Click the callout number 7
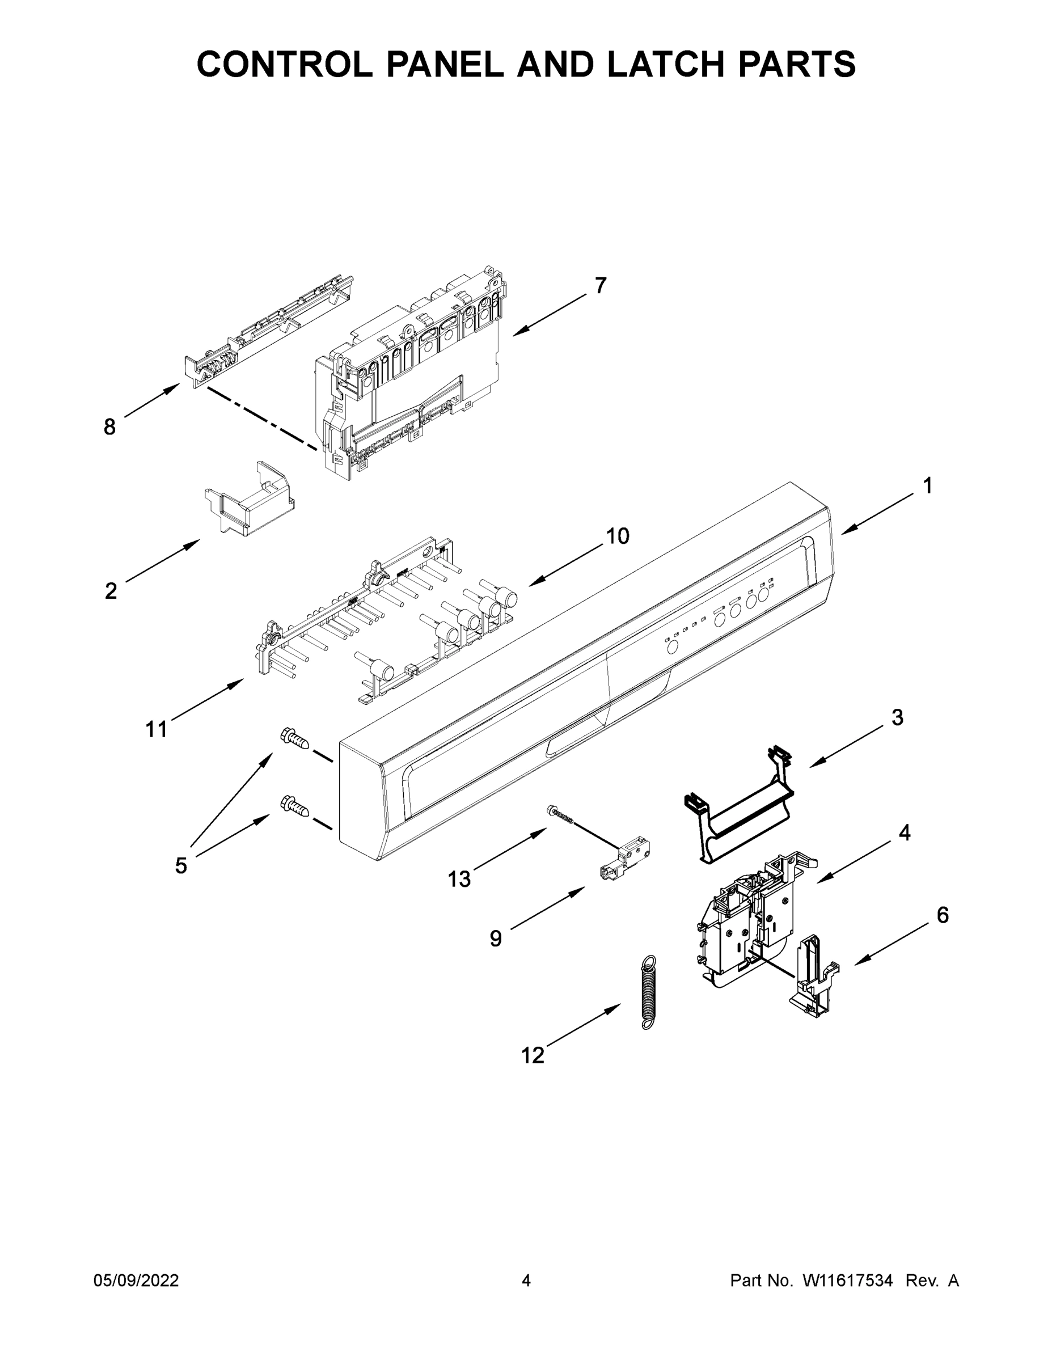[x=599, y=285]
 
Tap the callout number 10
[x=618, y=536]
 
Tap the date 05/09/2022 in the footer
[x=136, y=1280]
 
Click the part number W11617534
[x=848, y=1280]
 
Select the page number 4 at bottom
[x=526, y=1280]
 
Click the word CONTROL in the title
[x=285, y=64]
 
